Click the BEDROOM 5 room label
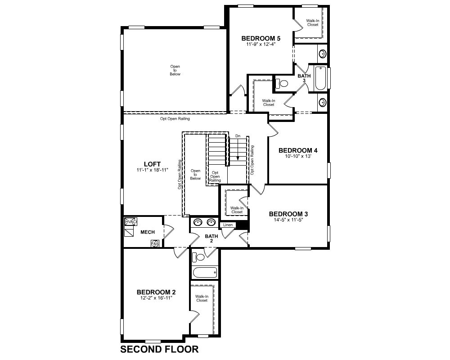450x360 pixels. point(261,38)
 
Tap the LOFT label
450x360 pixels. point(152,164)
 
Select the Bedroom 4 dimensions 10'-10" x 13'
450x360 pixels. point(298,157)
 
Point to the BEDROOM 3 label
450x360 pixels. point(288,214)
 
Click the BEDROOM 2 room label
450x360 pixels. point(156,292)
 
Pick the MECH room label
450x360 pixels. point(148,232)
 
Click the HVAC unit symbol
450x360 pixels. point(131,222)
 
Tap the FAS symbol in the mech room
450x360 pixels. point(155,244)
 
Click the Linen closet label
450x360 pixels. point(228,225)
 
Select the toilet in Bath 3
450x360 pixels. point(282,84)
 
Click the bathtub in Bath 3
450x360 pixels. point(320,78)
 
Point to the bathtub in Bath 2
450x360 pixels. point(205,272)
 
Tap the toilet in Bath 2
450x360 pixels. point(198,256)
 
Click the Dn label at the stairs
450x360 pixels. point(238,136)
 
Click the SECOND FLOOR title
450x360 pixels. point(159,349)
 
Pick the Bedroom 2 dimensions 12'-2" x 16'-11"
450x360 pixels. point(154,298)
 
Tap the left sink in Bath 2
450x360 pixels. point(198,222)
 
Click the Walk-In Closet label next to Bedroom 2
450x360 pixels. point(202,298)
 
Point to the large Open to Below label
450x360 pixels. point(175,70)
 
